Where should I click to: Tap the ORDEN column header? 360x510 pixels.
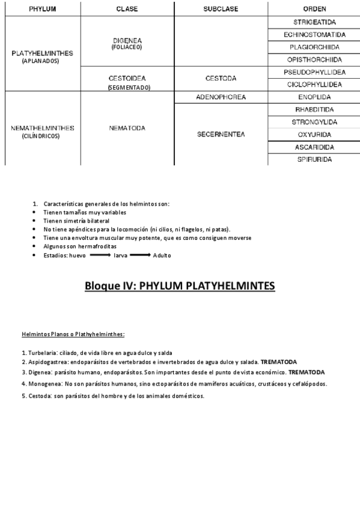314,9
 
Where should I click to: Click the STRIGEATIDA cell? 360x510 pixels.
314,22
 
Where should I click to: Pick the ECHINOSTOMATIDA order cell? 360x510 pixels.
314,34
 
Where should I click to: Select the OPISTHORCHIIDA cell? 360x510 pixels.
314,60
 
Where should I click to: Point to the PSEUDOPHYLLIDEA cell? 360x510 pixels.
314,72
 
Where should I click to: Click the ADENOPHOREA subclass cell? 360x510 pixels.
221,97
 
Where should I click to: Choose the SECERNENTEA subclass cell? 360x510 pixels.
221,135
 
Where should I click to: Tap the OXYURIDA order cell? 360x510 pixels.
314,135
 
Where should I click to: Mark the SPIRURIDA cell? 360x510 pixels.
314,160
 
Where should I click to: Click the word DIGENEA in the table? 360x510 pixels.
127,40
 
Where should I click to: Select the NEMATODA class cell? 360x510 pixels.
127,128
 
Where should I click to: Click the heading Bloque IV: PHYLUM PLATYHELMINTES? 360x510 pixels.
180,286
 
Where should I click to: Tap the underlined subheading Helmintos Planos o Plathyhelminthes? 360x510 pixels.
73,334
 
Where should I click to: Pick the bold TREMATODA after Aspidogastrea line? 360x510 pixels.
278,362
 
